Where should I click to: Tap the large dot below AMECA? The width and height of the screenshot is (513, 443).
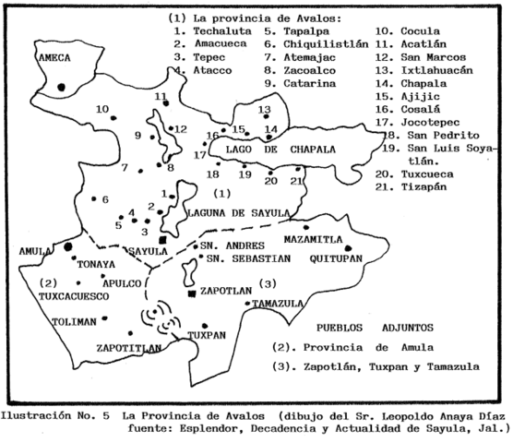coord(61,87)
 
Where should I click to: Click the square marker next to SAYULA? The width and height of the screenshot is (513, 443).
coord(162,240)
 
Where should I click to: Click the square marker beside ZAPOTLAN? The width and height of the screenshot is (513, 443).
coord(191,293)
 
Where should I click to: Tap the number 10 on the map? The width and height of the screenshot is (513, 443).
coord(101,109)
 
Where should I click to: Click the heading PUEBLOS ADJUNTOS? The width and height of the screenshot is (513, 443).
coord(365,328)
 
